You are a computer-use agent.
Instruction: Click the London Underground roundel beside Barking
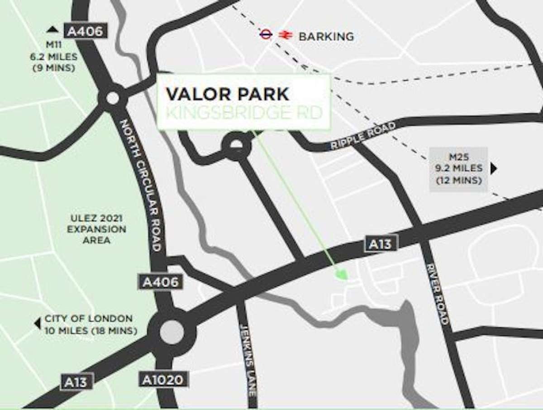point(266,34)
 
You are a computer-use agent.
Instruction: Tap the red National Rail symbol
point(285,35)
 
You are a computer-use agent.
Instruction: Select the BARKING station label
point(326,36)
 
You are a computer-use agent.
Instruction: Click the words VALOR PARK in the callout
point(227,94)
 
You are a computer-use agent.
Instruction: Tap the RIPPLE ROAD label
point(363,135)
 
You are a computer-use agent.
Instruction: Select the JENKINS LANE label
point(248,360)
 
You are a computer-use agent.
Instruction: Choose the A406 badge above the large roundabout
point(161,282)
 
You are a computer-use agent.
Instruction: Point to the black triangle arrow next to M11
point(53,30)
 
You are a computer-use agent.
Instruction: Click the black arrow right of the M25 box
point(494,169)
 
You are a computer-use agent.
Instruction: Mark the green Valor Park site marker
point(342,274)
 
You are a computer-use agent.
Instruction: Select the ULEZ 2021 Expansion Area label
point(96,229)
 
